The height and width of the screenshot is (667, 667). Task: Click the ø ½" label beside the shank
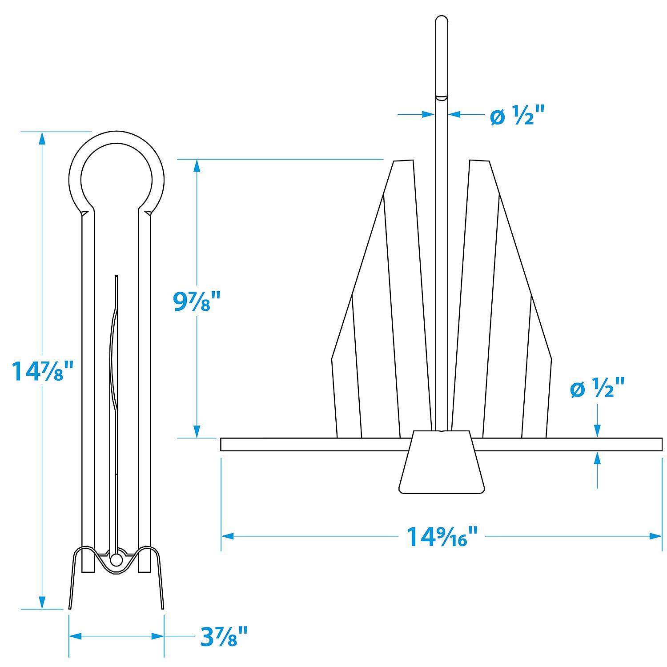click(517, 117)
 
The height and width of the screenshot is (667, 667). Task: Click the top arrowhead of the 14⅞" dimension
click(42, 138)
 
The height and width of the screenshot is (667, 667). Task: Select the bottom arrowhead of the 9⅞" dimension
click(197, 431)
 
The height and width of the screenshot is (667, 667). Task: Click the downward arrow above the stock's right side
click(597, 430)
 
